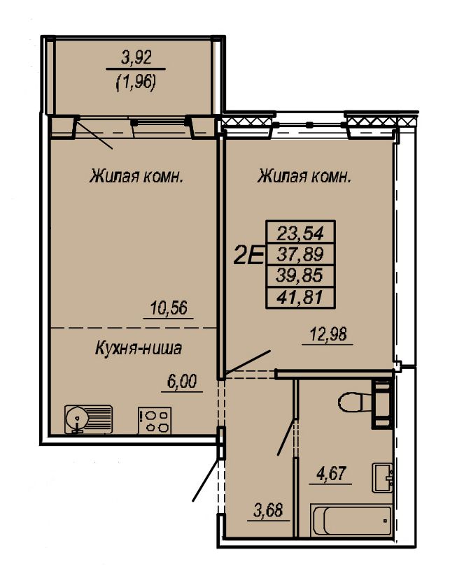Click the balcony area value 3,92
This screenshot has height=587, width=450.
[x=136, y=59]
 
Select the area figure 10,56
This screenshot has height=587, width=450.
[x=169, y=308]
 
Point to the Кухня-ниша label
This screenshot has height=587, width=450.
[x=139, y=348]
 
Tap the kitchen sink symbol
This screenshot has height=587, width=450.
[x=88, y=419]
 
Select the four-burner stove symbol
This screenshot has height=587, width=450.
[x=155, y=421]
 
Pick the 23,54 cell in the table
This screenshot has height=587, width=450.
[x=300, y=233]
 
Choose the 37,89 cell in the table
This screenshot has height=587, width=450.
[x=300, y=254]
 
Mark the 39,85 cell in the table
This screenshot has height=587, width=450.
[x=300, y=276]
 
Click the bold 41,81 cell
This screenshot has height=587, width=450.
[x=300, y=298]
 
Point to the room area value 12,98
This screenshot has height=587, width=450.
[x=328, y=333]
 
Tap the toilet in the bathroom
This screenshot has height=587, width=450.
[x=355, y=403]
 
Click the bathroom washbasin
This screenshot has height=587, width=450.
[x=382, y=477]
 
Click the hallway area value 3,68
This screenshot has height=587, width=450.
[x=268, y=510]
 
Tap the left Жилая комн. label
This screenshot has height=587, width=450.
[x=136, y=176]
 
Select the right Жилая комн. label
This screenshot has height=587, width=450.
[x=304, y=176]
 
